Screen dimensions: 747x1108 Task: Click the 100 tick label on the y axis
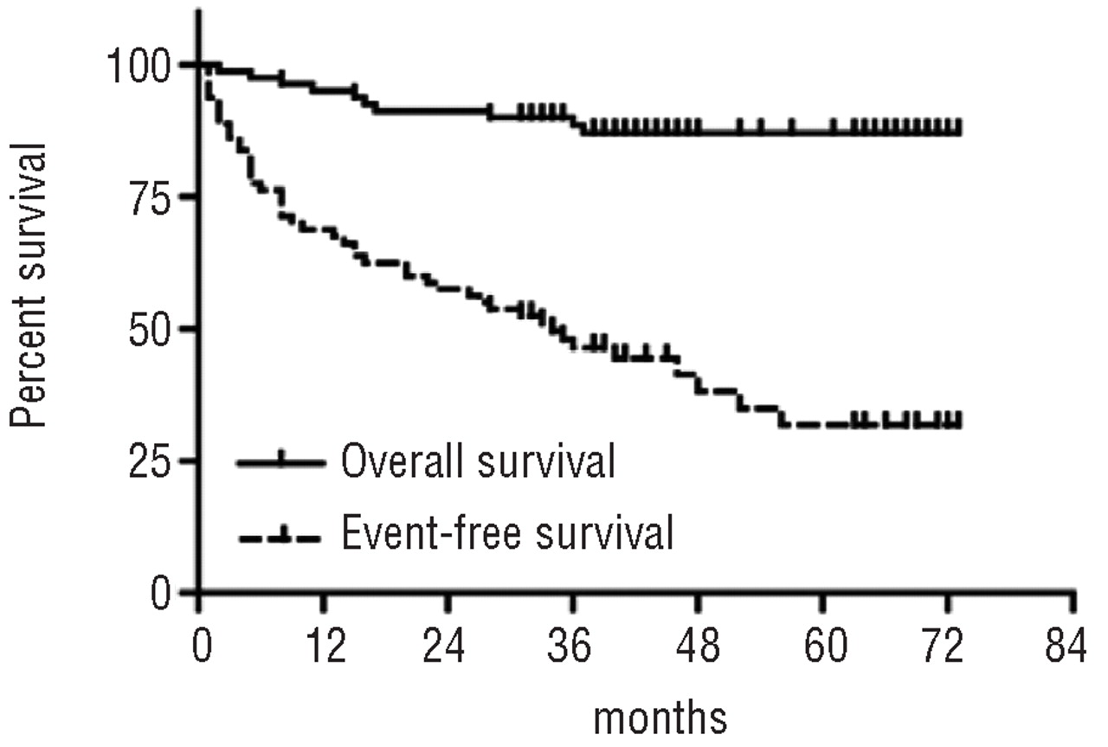139,65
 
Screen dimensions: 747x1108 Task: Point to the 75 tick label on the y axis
151,196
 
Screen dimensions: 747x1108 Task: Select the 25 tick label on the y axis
151,460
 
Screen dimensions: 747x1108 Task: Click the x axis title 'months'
660,718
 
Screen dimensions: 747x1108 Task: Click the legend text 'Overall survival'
477,463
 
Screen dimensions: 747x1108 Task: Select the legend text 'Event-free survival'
506,534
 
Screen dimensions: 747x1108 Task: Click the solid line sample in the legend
280,463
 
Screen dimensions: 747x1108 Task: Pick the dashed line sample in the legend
280,537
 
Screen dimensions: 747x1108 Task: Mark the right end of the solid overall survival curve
959,132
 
